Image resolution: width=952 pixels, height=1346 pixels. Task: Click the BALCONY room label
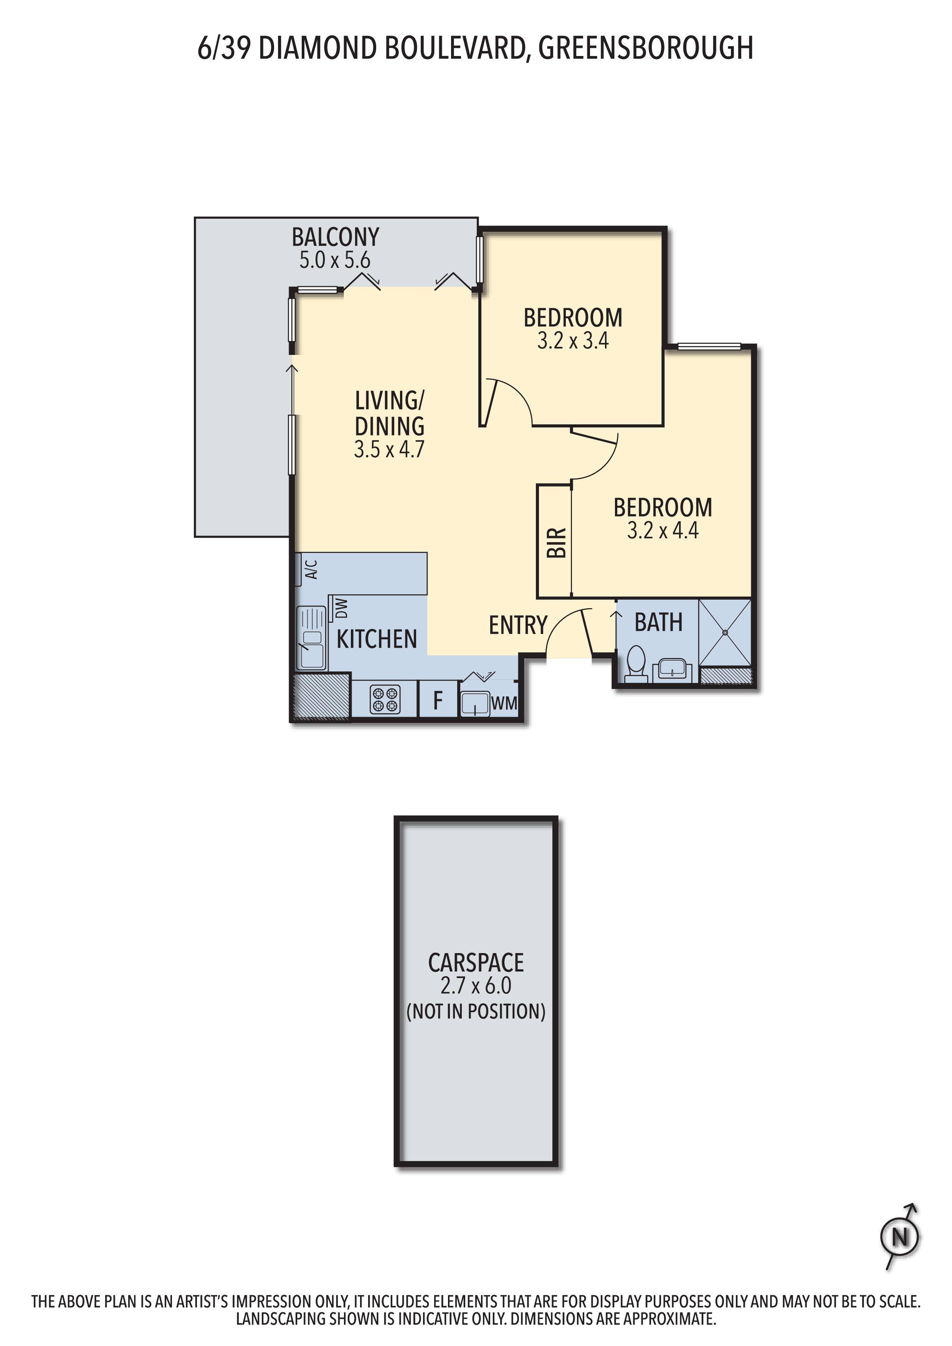point(335,237)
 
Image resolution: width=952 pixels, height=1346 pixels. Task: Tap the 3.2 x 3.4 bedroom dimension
point(573,341)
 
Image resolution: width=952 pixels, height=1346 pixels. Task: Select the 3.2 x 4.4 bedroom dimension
point(663,531)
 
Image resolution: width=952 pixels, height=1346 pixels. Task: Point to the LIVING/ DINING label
point(390,413)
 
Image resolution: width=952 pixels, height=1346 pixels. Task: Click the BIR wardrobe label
point(556,542)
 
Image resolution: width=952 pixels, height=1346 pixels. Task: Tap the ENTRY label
point(518,625)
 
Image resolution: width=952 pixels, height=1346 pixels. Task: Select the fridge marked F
point(438,700)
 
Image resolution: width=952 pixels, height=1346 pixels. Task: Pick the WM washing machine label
point(504,703)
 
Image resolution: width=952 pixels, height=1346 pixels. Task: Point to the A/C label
point(312,569)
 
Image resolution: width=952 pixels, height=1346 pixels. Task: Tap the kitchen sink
point(311,638)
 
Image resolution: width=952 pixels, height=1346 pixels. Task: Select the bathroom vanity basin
point(672,668)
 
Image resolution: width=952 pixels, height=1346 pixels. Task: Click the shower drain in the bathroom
point(725,633)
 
